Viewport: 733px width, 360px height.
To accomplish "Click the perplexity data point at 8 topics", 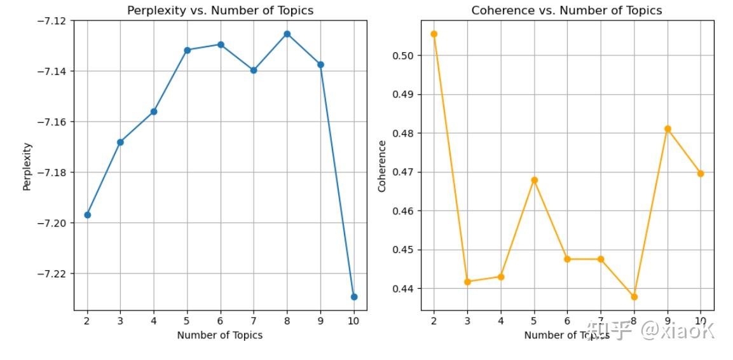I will pyautogui.click(x=287, y=34).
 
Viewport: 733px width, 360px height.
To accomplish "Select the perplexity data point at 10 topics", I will pyautogui.click(x=354, y=297).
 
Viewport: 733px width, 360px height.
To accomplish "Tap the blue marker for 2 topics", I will pyautogui.click(x=87, y=215).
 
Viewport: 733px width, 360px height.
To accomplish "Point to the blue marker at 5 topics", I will pyautogui.click(x=187, y=50).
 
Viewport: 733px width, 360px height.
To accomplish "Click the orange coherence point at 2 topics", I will pyautogui.click(x=434, y=34).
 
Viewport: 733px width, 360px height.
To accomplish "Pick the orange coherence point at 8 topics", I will pyautogui.click(x=634, y=297).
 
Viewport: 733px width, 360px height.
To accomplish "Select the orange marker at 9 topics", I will pyautogui.click(x=668, y=129).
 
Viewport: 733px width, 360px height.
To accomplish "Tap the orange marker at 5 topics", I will pyautogui.click(x=534, y=180).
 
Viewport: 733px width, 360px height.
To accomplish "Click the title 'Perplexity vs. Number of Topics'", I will pyautogui.click(x=220, y=11).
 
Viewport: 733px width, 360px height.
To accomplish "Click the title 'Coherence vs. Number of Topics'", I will pyautogui.click(x=566, y=11).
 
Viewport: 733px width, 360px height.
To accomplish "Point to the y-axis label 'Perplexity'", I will pyautogui.click(x=27, y=166).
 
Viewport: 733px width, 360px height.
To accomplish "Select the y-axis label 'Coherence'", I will pyautogui.click(x=382, y=166).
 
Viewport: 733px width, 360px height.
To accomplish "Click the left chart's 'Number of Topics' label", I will pyautogui.click(x=220, y=335).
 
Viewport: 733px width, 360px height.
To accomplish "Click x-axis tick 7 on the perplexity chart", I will pyautogui.click(x=254, y=321).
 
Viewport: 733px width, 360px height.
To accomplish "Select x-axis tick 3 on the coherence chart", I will pyautogui.click(x=467, y=321).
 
